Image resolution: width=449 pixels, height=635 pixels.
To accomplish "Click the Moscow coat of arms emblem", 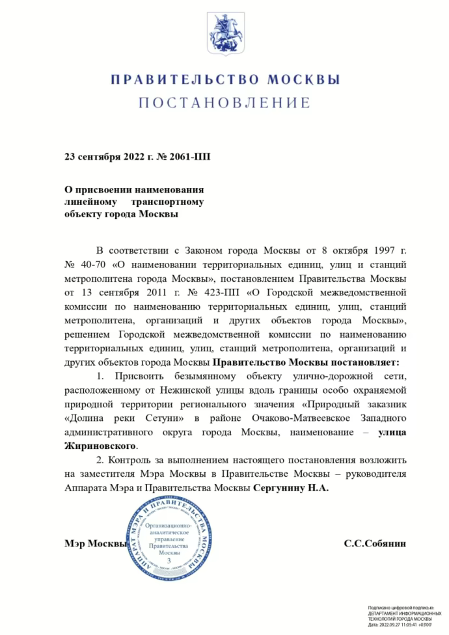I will click(x=224, y=32).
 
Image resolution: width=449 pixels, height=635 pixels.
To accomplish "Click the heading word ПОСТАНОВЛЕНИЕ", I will click(x=224, y=103).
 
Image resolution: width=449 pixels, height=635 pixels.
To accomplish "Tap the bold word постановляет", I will click(x=364, y=361).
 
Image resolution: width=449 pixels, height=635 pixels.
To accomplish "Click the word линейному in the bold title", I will click(x=91, y=202).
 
